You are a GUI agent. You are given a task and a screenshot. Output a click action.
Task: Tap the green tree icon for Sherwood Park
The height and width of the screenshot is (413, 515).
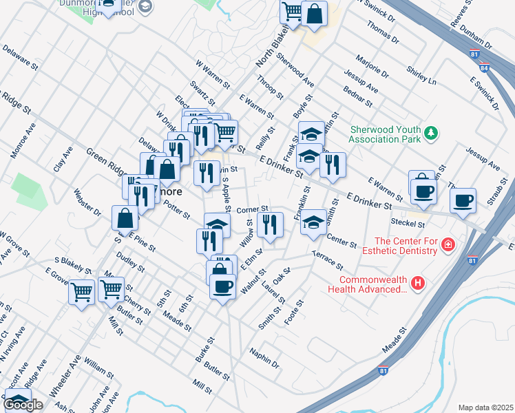(x=431, y=133)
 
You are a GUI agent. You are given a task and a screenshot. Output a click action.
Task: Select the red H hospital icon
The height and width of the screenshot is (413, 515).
(x=417, y=283)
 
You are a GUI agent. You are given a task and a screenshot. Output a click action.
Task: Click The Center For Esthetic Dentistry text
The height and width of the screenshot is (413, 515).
(x=406, y=246)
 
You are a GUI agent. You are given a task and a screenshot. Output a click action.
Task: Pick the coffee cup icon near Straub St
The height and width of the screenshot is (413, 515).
(x=463, y=200)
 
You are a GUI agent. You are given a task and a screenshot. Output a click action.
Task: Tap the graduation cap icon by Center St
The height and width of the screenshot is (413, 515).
(x=313, y=222)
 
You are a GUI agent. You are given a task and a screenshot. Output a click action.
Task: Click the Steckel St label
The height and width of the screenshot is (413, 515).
(x=408, y=223)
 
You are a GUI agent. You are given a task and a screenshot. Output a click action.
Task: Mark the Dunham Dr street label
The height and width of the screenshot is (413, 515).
(x=478, y=38)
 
